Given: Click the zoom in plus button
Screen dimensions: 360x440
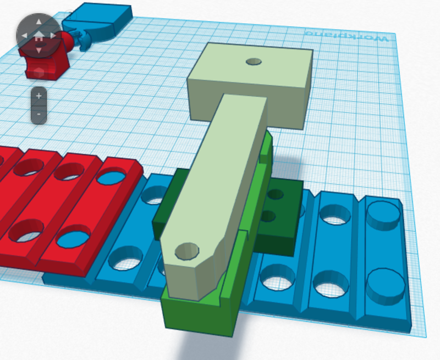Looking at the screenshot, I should [x=38, y=96].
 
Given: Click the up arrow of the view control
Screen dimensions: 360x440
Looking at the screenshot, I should [x=38, y=23].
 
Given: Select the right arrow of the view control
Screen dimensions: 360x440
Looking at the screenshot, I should [x=54, y=36].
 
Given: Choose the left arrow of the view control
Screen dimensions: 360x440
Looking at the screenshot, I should [x=24, y=36].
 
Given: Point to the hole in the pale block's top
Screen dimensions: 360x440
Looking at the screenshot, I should [x=254, y=62].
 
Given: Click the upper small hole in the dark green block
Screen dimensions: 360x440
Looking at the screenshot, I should [x=276, y=195].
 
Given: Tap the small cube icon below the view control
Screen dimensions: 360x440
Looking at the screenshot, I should [x=38, y=73].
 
